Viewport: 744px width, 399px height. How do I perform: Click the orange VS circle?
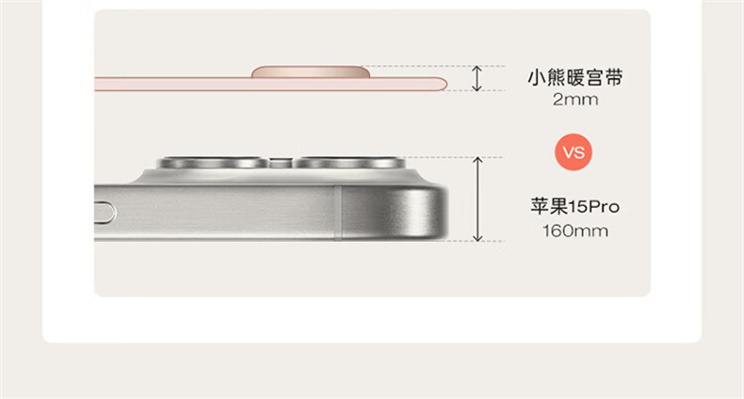point(574,152)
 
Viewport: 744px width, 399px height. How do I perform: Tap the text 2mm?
point(575,100)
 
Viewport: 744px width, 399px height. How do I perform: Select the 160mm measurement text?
point(575,231)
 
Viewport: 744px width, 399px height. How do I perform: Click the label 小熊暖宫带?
point(575,77)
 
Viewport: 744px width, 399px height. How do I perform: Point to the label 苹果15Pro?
point(575,207)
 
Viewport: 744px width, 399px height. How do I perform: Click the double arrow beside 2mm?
point(477,78)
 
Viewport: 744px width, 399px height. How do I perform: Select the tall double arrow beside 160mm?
point(477,199)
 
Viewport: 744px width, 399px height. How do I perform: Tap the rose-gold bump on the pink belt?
point(311,72)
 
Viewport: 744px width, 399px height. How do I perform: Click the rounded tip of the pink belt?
point(442,85)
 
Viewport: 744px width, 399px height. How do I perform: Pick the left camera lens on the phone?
point(213,163)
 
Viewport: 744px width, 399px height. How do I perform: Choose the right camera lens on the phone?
point(349,163)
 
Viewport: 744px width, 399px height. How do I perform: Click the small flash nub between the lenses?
point(281,163)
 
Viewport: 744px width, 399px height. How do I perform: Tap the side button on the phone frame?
point(105,213)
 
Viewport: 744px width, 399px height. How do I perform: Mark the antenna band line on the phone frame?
point(337,213)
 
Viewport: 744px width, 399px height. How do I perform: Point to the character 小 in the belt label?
point(537,77)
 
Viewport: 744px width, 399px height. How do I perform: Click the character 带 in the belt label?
point(613,77)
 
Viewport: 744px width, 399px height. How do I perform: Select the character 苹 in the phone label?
point(540,207)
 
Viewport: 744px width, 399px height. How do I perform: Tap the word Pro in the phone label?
point(604,207)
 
